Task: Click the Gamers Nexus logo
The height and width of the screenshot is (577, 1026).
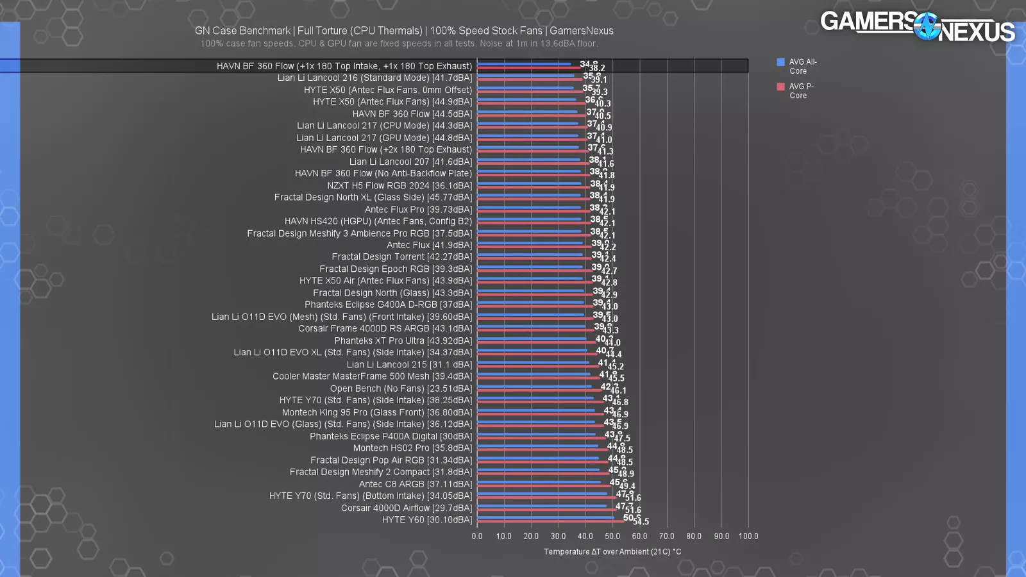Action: [x=917, y=26]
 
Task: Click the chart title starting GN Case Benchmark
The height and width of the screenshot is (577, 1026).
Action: [x=404, y=31]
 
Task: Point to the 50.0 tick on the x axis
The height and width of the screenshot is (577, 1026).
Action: [x=612, y=537]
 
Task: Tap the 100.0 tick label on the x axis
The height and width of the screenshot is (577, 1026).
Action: [x=748, y=537]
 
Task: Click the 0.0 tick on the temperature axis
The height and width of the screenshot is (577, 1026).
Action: [x=477, y=537]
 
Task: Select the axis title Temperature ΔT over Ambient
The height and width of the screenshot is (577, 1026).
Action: [x=612, y=552]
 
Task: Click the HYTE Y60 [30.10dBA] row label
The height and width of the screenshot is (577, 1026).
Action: [x=427, y=520]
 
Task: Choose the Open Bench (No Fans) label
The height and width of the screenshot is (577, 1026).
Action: [x=401, y=389]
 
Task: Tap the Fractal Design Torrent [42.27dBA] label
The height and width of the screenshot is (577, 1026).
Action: [x=401, y=257]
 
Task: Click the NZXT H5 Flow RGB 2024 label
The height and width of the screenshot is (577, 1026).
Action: [x=399, y=186]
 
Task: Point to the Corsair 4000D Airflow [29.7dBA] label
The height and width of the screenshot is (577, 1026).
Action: [x=407, y=508]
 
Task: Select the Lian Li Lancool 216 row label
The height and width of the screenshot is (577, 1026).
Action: [x=374, y=78]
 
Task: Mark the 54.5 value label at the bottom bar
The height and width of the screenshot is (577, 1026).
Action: [x=641, y=522]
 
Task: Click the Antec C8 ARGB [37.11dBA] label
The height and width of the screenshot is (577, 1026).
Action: [x=415, y=485]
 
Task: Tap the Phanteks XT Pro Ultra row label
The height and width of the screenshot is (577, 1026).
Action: [x=403, y=341]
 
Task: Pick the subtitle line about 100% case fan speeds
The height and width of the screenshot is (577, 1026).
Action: [x=399, y=44]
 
